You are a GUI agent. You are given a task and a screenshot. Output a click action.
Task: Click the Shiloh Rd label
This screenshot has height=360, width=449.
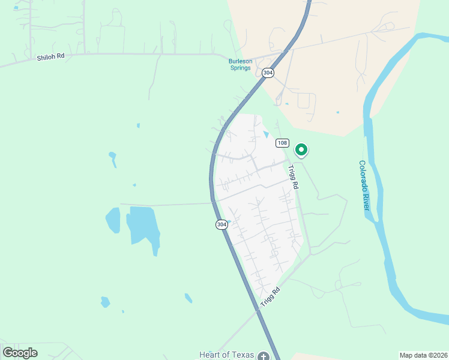click(x=50, y=58)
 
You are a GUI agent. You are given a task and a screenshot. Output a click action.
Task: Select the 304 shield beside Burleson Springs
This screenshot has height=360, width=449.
click(x=268, y=73)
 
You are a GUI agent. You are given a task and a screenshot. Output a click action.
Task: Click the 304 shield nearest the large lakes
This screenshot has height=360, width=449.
click(x=221, y=224)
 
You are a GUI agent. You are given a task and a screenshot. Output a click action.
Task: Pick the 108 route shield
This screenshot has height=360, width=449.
click(x=282, y=143)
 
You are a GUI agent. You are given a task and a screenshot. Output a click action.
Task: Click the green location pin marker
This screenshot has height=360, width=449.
click(x=301, y=149)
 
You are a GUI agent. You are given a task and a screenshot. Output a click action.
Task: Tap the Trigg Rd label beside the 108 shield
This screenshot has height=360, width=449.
click(x=294, y=178)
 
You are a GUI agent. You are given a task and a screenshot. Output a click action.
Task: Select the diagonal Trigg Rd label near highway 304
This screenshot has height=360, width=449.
click(x=271, y=298)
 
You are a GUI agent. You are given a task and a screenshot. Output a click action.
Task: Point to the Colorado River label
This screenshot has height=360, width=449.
click(x=364, y=185)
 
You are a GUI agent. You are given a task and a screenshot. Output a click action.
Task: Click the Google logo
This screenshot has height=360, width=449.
click(x=20, y=352)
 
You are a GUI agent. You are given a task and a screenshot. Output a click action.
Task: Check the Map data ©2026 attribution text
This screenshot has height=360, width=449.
click(x=424, y=355)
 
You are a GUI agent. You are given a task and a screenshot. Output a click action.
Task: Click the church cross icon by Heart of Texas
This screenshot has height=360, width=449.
click(x=263, y=356)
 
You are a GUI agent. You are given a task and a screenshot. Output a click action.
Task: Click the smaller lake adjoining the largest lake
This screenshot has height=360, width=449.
click(x=113, y=221)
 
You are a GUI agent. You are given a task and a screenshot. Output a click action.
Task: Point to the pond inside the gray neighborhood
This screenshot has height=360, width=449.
click(x=266, y=134)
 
